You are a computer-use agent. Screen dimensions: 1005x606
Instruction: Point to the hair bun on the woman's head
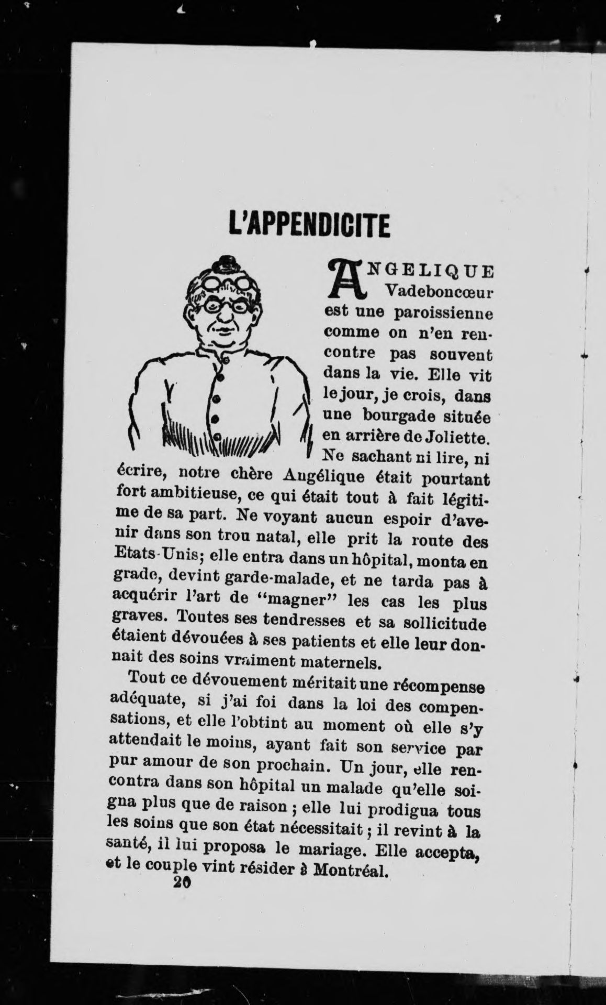pos(228,262)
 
